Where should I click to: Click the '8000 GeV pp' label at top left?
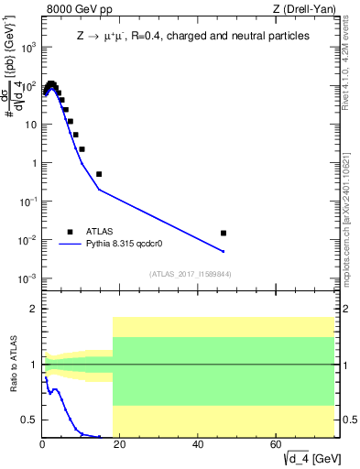(x=74, y=9)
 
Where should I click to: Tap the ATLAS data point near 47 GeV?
(x=224, y=233)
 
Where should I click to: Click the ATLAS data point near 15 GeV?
(x=99, y=174)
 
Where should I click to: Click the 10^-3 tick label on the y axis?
(x=29, y=278)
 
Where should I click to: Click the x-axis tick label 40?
(x=199, y=444)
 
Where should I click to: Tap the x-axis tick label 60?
(x=277, y=444)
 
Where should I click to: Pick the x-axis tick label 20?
(x=121, y=444)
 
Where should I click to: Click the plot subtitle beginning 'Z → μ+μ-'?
(x=192, y=36)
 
